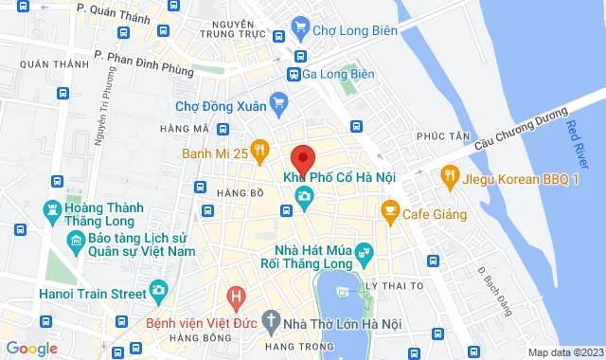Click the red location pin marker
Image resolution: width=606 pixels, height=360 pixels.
[x=303, y=158]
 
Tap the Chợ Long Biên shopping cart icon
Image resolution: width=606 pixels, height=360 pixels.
[x=300, y=27]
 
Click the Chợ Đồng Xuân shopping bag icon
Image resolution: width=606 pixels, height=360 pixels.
[x=278, y=101]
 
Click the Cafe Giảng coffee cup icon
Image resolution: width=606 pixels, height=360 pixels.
[x=388, y=210]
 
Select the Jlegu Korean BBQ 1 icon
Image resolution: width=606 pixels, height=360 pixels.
[x=449, y=175]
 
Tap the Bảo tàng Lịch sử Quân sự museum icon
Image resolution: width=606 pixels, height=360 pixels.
[x=76, y=244]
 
